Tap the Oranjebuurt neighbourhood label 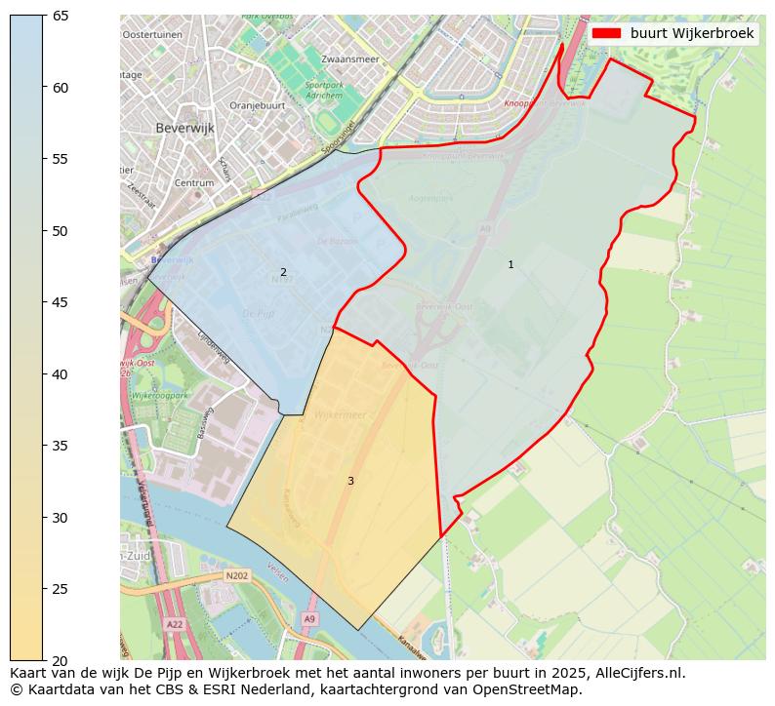(257, 105)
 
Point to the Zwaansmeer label (349, 59)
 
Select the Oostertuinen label (152, 34)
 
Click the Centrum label (193, 182)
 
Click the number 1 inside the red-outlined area (510, 264)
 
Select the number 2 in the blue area (283, 272)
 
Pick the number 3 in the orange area (350, 481)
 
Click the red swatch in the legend (606, 33)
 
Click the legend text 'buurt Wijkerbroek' (692, 33)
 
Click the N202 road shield (237, 576)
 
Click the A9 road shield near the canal (309, 618)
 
